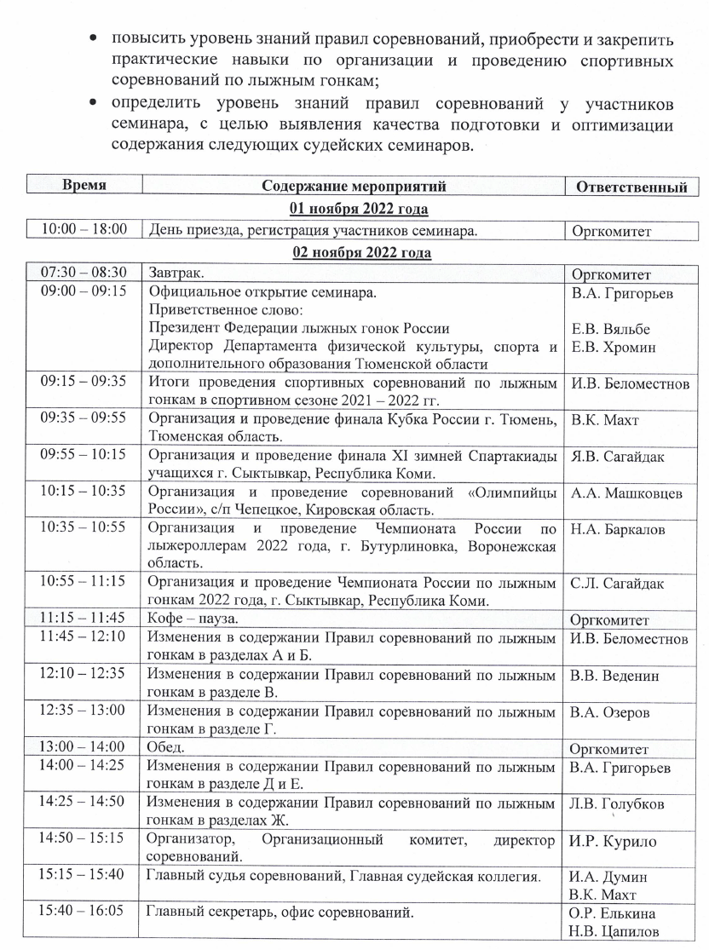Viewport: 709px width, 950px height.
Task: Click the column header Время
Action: (84, 186)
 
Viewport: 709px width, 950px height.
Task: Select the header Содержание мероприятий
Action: (354, 187)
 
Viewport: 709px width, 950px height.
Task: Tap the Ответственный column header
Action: (631, 187)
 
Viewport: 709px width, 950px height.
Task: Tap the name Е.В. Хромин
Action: (613, 347)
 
